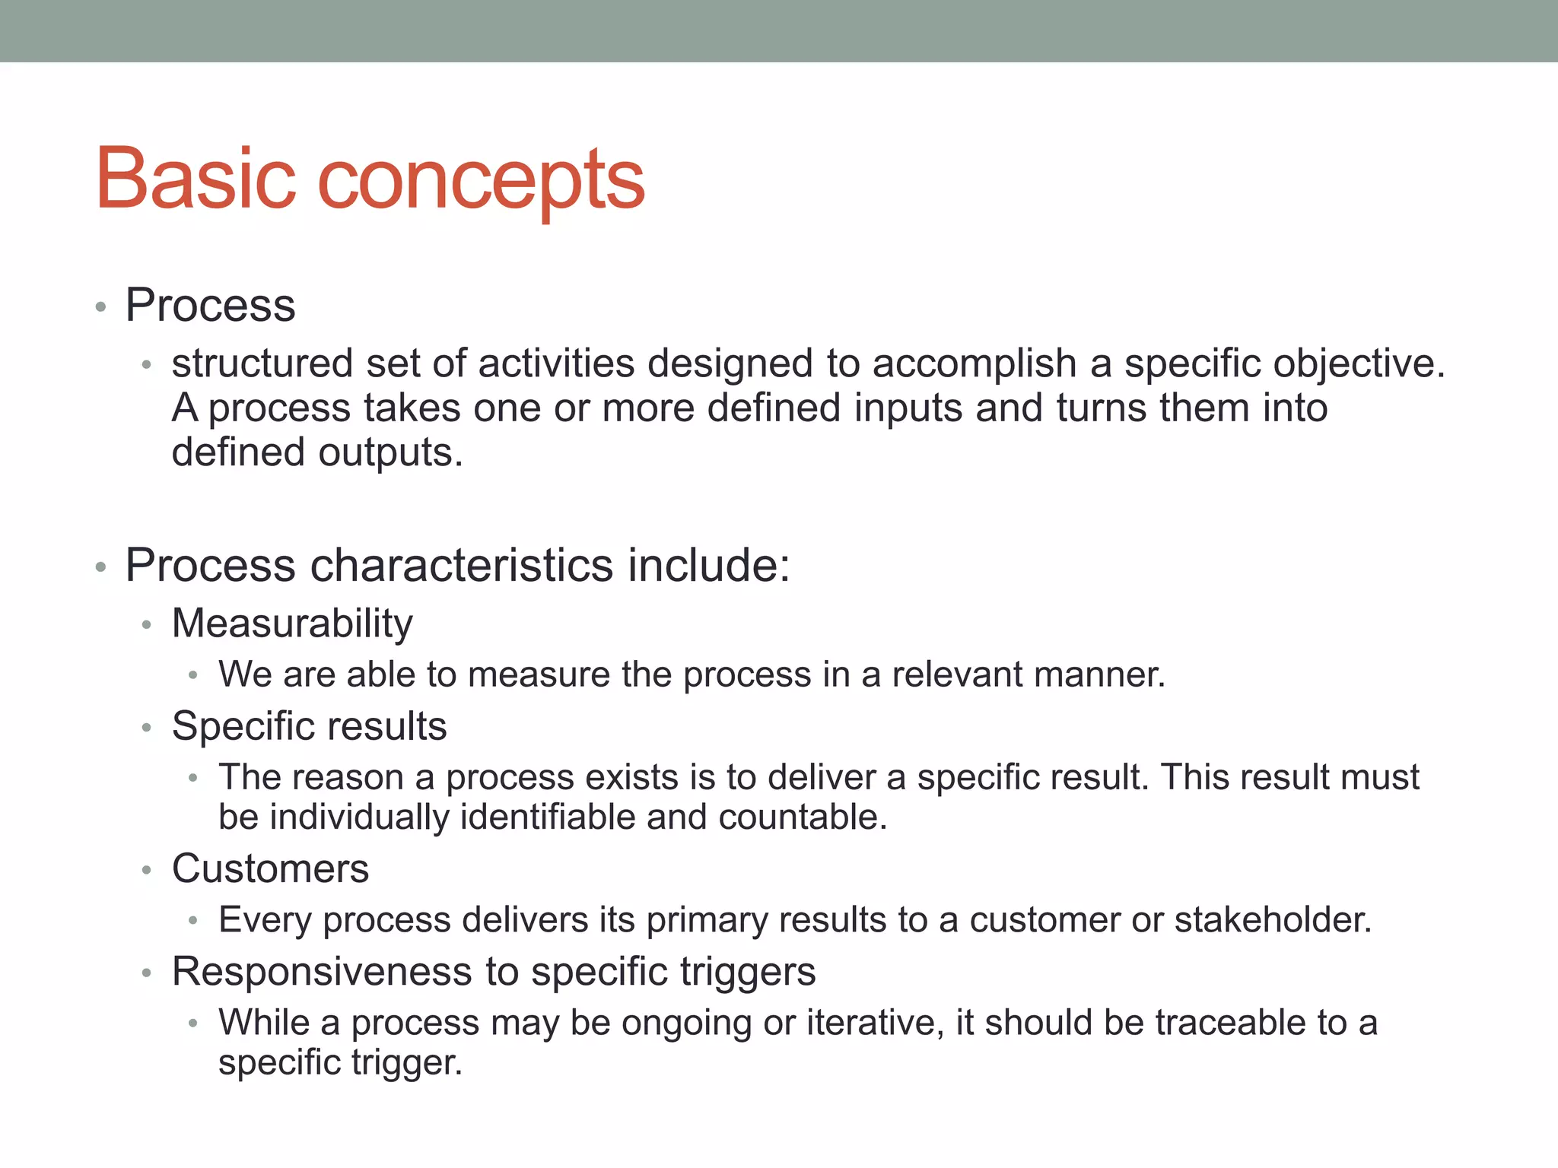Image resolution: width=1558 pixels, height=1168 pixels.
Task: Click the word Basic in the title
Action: pyautogui.click(x=195, y=179)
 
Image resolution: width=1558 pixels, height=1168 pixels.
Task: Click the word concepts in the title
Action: pyautogui.click(x=480, y=182)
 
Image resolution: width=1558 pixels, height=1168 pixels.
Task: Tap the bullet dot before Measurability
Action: pyautogui.click(x=147, y=626)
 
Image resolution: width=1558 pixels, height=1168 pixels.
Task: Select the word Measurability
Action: pyautogui.click(x=292, y=624)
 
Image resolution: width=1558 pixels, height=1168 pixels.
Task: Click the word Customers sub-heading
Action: pyautogui.click(x=270, y=868)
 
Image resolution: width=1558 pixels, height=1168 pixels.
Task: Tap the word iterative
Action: pyautogui.click(x=875, y=1023)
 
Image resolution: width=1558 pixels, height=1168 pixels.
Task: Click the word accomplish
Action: pyautogui.click(x=975, y=363)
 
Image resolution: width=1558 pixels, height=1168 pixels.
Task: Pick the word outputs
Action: pyautogui.click(x=390, y=453)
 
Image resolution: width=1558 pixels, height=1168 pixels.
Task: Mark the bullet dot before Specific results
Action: pyautogui.click(x=147, y=728)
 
